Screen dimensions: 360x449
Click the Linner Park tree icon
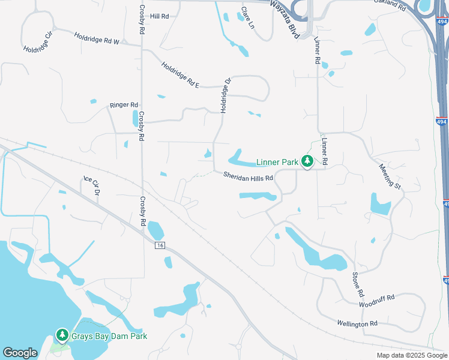point(307,161)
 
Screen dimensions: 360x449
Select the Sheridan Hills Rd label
point(248,177)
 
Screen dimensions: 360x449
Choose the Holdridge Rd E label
point(180,75)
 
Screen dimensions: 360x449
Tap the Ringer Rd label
point(124,105)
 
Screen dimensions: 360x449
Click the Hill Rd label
point(160,16)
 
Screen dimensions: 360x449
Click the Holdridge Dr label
point(225,96)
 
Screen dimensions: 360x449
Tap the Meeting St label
point(390,175)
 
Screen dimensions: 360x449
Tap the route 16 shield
point(159,245)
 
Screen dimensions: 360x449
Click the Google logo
point(20,353)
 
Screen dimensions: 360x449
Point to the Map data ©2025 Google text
point(412,355)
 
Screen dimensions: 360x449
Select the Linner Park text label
point(277,162)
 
